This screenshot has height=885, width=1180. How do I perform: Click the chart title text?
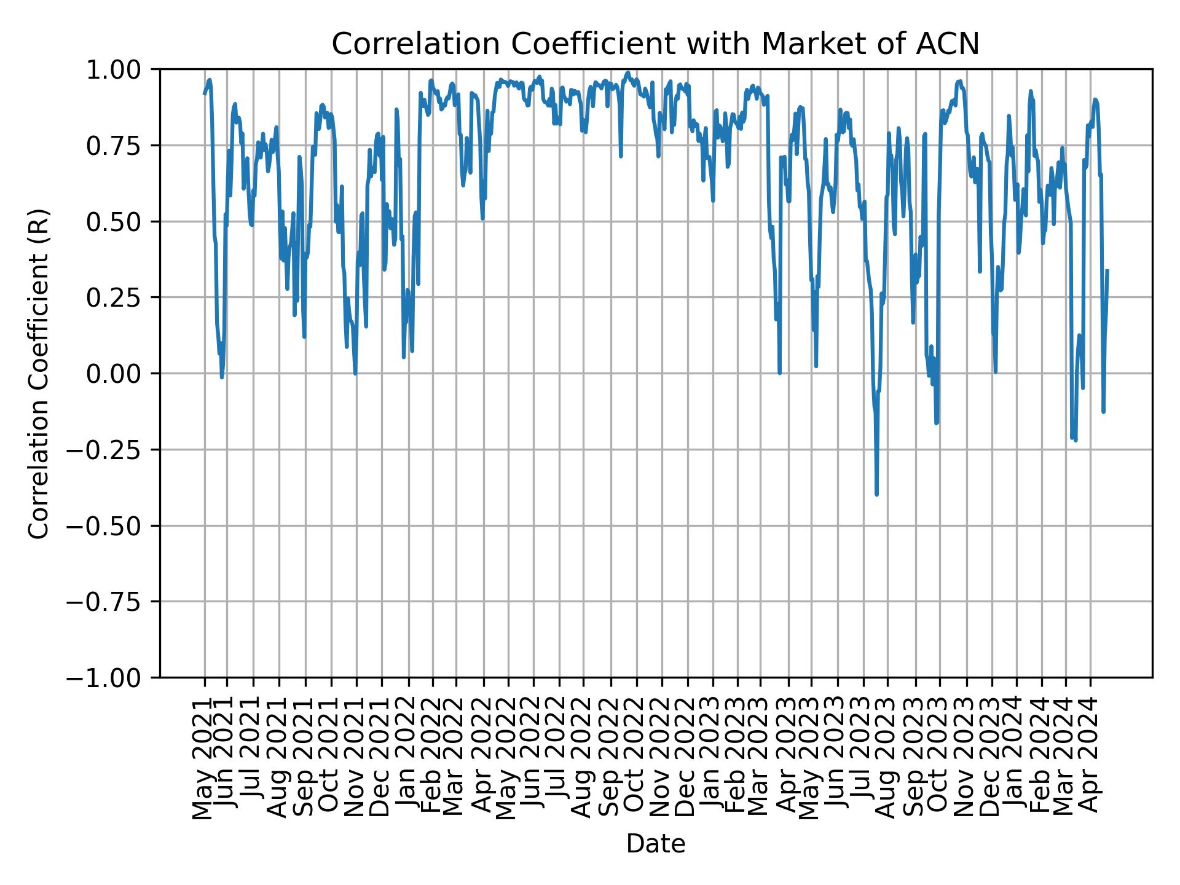(x=655, y=44)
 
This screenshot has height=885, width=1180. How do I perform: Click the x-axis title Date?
(x=655, y=844)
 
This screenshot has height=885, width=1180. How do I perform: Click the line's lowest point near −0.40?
(x=876, y=494)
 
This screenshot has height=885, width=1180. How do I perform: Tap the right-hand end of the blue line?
(x=1107, y=270)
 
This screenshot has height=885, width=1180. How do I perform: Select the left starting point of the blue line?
(x=205, y=93)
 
